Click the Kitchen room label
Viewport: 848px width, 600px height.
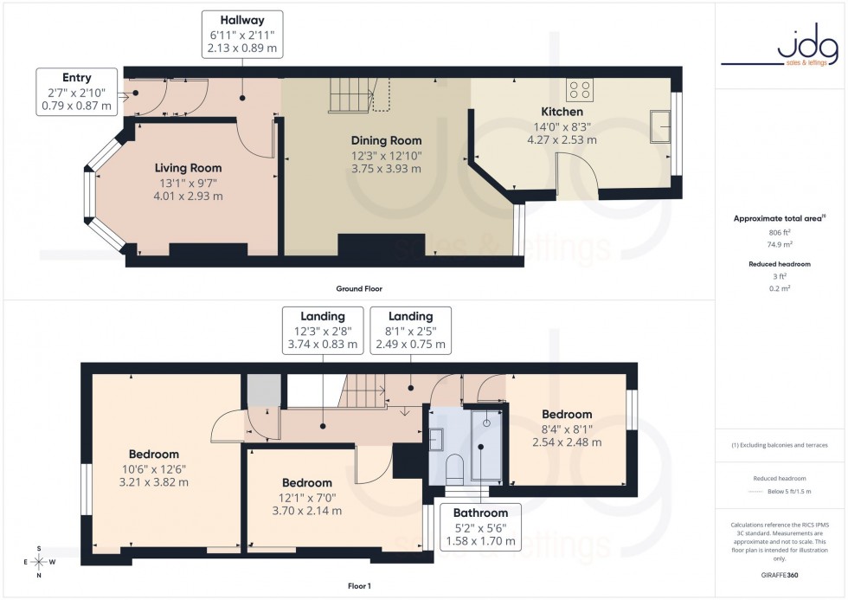(x=562, y=112)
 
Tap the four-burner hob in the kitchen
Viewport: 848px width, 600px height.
(x=579, y=89)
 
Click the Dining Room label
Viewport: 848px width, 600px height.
(x=386, y=140)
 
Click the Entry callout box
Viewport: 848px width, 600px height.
(x=76, y=92)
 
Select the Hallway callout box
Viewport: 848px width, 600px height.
(x=242, y=34)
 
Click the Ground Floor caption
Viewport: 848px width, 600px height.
(x=359, y=288)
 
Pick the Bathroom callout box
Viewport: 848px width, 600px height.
(x=480, y=527)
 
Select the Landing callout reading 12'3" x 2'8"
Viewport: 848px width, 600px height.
(x=323, y=330)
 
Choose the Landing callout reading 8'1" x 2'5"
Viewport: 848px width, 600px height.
(x=410, y=330)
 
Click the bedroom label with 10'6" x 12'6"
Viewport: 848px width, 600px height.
(x=154, y=454)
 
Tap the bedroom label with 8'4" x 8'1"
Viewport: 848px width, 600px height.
(x=567, y=415)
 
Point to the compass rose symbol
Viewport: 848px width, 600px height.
(x=39, y=561)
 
